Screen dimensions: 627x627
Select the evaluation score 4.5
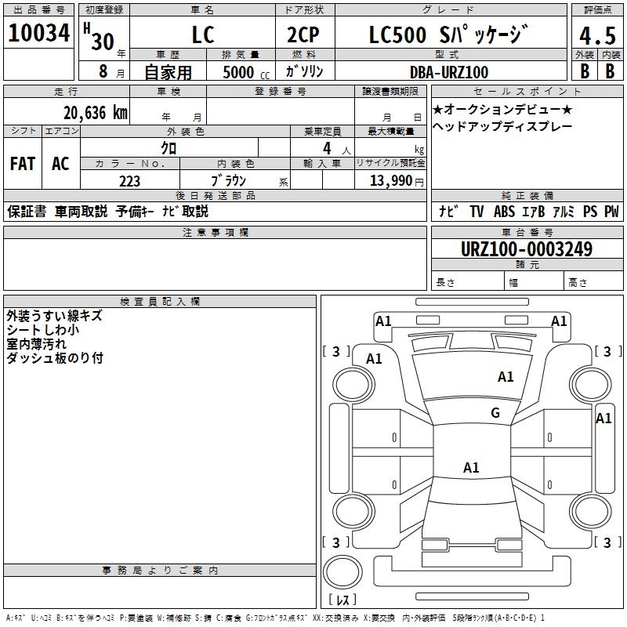(x=596, y=36)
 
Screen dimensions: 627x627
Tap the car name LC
(x=202, y=36)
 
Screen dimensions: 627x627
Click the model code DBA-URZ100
(x=448, y=72)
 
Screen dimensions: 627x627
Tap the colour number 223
(x=129, y=181)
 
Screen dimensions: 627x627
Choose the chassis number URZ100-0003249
(x=527, y=249)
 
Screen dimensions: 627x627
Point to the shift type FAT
(x=22, y=164)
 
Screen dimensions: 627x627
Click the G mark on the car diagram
(x=495, y=413)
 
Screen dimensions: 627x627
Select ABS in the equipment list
(x=504, y=211)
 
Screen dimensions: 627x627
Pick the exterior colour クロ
(x=168, y=147)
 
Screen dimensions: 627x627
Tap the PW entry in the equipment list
(x=611, y=211)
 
